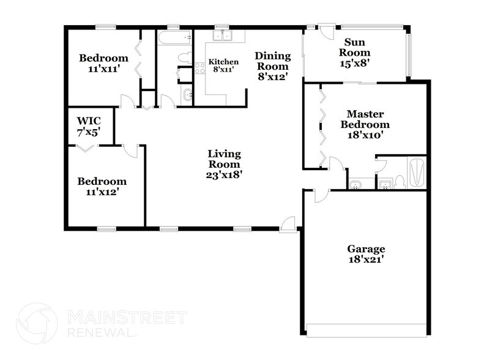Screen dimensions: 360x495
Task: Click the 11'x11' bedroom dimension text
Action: coord(104,69)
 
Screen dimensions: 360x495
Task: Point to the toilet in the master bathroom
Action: coord(399,181)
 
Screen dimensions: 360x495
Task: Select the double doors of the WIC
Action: coord(86,148)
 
